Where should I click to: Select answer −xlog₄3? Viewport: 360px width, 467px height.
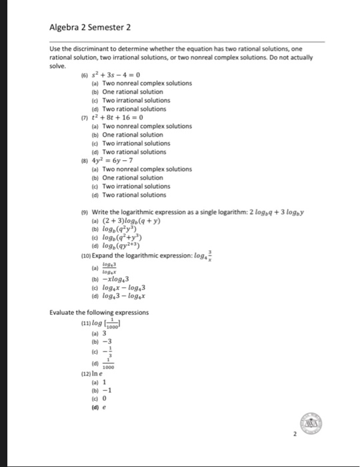(x=119, y=278)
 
